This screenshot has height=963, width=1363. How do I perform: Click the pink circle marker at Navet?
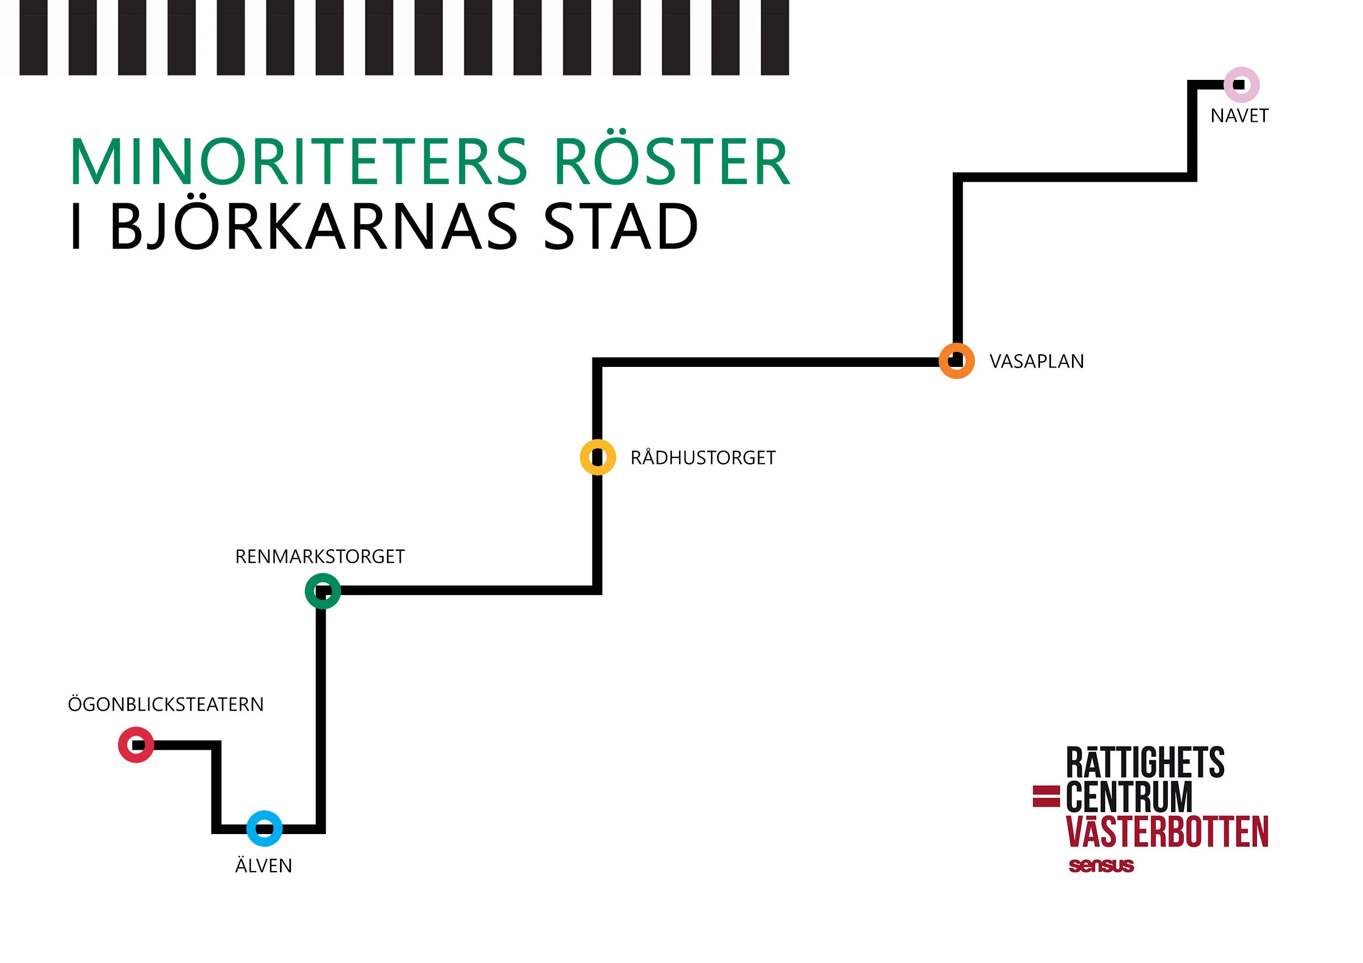(x=1241, y=85)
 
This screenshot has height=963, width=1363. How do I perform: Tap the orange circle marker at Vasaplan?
(x=956, y=361)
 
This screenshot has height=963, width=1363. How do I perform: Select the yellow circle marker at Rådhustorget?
(x=598, y=457)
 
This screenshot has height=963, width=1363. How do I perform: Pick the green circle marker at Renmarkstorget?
(x=323, y=591)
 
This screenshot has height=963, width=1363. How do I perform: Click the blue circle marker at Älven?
(x=264, y=829)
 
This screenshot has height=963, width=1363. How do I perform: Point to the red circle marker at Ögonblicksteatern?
(x=136, y=745)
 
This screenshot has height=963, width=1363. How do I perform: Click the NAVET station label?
(x=1240, y=116)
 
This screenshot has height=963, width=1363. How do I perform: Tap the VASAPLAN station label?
(x=1037, y=361)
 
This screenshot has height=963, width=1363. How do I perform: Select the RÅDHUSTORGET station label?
(x=703, y=458)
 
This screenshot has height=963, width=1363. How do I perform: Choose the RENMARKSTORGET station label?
(x=320, y=556)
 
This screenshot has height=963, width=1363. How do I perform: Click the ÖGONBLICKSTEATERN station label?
(x=166, y=704)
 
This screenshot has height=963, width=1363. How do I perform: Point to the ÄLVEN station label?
(x=263, y=865)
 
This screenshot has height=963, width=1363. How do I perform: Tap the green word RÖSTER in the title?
(x=672, y=162)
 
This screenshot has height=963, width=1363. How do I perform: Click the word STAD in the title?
(x=621, y=226)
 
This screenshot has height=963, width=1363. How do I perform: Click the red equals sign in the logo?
(x=1046, y=796)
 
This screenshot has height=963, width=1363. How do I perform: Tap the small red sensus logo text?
(x=1101, y=865)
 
